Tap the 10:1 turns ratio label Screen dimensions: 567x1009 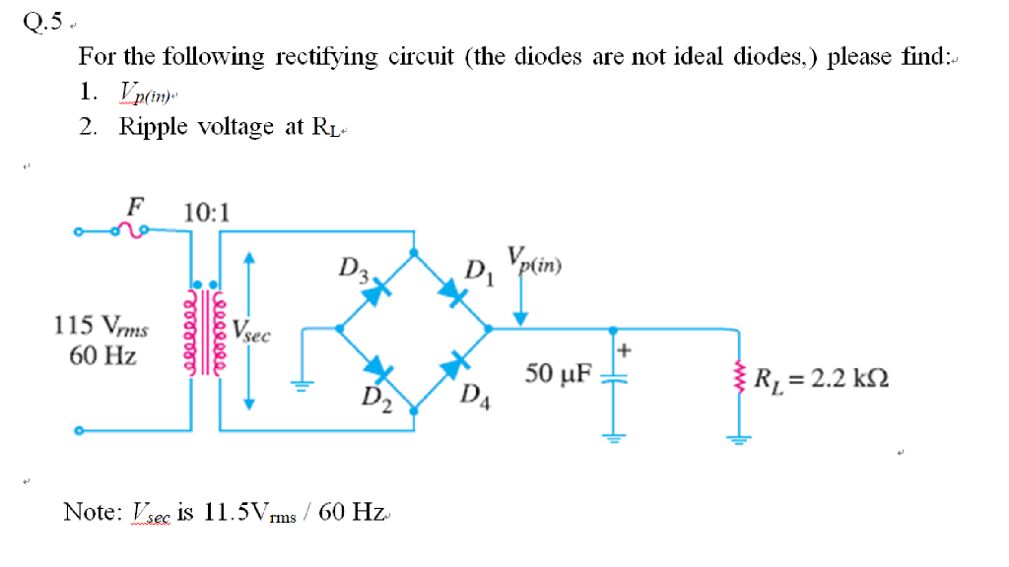(x=207, y=212)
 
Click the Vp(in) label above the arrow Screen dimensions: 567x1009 (x=534, y=261)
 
